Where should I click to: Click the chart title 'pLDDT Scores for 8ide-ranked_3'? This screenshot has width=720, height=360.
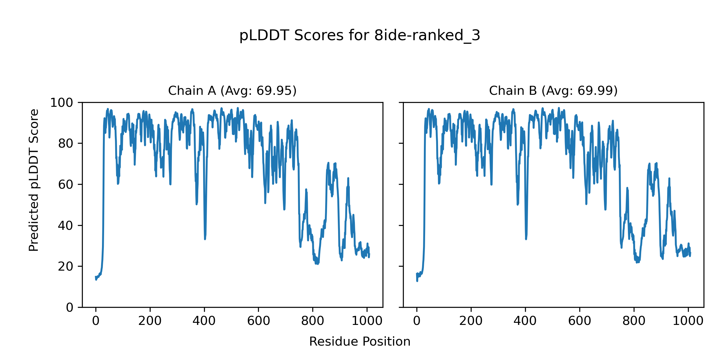(360, 35)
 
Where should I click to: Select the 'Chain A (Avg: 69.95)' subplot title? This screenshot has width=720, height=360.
(232, 91)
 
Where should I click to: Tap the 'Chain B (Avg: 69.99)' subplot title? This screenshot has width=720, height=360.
(553, 91)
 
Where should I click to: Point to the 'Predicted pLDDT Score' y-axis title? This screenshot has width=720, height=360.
(34, 180)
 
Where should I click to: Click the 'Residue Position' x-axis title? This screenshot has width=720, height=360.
(360, 342)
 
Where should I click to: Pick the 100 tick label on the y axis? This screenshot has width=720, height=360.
(61, 103)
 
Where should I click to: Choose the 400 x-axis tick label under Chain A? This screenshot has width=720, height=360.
(204, 321)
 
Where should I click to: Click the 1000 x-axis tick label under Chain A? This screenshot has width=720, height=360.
(367, 321)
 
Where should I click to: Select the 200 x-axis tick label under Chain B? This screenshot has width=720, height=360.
(471, 321)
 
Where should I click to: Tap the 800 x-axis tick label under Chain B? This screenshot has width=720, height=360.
(634, 321)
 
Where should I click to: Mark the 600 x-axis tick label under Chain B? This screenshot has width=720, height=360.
(579, 321)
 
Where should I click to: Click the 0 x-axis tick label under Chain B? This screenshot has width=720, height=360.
(417, 321)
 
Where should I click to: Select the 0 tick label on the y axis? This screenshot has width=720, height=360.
(70, 307)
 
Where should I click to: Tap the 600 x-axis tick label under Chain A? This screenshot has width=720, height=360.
(258, 321)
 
